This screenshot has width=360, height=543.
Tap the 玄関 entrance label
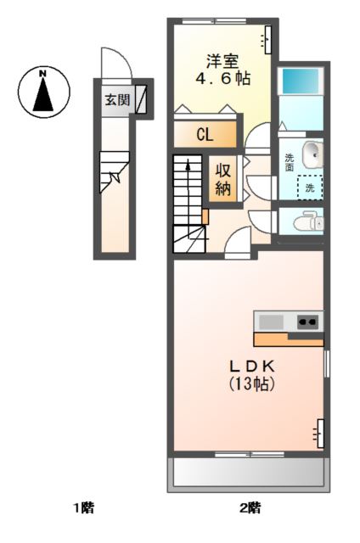coord(117,99)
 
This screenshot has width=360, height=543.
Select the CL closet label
coord(205,135)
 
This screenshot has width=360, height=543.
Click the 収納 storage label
coord(223,179)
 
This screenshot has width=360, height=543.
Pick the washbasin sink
coord(312,154)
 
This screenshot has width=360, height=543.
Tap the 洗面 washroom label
coord(290,161)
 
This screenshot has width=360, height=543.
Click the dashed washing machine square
coord(309,187)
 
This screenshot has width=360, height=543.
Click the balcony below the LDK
coord(249,473)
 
